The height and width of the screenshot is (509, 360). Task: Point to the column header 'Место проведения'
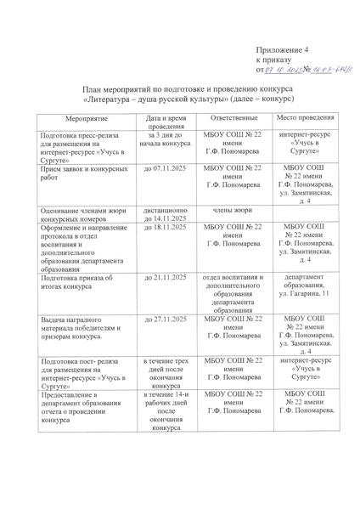297,119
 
